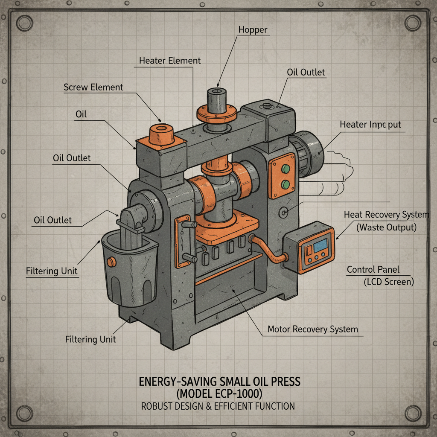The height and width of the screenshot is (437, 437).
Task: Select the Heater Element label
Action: (x=170, y=61)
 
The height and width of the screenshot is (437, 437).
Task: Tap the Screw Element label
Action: (x=93, y=87)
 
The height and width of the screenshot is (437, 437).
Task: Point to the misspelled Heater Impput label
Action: (x=370, y=125)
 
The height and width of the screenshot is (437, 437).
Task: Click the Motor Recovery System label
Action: (x=312, y=329)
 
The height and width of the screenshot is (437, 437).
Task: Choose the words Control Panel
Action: (x=373, y=270)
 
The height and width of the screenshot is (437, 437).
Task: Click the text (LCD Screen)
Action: (x=388, y=282)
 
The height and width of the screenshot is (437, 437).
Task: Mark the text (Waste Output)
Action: (x=386, y=227)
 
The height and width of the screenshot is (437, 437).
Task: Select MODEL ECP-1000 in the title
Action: (x=220, y=393)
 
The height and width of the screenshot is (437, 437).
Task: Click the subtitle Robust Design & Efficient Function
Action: (x=218, y=406)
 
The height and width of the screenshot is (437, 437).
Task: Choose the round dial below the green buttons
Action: (x=282, y=212)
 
